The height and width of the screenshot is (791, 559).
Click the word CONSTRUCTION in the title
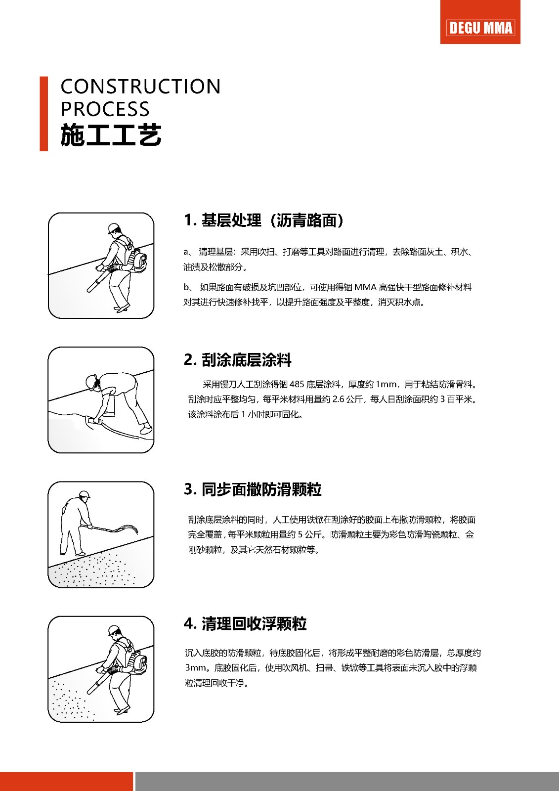pos(140,87)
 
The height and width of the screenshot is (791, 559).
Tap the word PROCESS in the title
pos(105,109)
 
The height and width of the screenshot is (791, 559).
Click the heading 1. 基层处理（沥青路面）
pos(263,220)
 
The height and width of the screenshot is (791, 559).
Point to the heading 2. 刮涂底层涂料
pos(237,360)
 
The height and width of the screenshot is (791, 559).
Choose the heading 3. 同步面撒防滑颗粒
pos(253,489)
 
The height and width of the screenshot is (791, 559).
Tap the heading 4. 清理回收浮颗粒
pos(245,623)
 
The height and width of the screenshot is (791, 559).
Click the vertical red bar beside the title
pos(43,114)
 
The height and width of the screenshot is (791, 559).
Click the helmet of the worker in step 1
pos(114,227)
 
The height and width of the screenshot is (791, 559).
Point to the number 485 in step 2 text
pos(297,384)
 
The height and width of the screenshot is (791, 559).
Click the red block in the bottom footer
pos(66,781)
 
